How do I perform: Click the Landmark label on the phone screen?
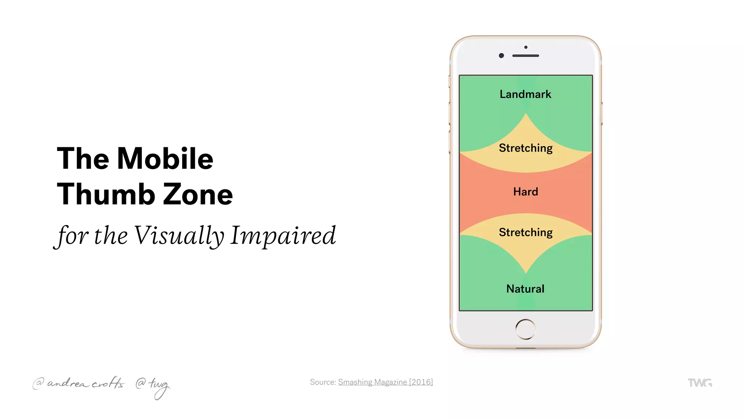(525, 94)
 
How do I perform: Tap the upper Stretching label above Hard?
(525, 148)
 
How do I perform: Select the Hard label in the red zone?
(525, 192)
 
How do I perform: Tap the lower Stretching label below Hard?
(525, 232)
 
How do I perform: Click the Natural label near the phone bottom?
(525, 289)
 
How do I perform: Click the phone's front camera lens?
(501, 56)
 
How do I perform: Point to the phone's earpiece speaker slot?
(525, 56)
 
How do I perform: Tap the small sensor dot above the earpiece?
(526, 47)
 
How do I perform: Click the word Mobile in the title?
(165, 159)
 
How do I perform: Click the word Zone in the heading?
(198, 194)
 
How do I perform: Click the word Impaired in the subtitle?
(283, 236)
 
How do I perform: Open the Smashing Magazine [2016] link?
(385, 382)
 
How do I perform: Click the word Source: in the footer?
(323, 382)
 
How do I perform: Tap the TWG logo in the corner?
(700, 383)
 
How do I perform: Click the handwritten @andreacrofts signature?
(79, 383)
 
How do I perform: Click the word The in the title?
(83, 159)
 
